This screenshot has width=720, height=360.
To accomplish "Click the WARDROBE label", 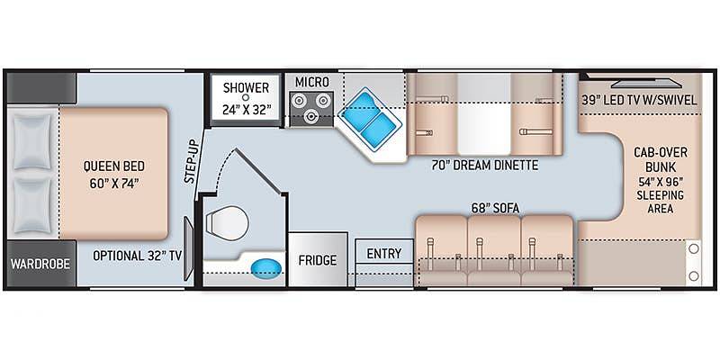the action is (40, 264).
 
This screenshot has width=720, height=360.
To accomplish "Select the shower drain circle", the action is (246, 97).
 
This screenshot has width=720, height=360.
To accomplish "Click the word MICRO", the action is (311, 82).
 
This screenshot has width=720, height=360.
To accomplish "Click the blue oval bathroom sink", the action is (266, 266).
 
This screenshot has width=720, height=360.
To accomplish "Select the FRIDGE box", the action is (318, 259).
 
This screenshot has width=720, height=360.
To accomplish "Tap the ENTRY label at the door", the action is (384, 254).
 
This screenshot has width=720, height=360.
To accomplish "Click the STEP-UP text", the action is (193, 161).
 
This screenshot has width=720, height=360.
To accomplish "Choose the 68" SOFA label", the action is (495, 209).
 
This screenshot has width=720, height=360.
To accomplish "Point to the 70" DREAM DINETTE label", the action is (485, 166).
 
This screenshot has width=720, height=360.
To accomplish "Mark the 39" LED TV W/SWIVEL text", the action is (639, 100).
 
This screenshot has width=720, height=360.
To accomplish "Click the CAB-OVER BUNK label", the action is (654, 159).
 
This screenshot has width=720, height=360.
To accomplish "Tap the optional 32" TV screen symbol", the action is (189, 248).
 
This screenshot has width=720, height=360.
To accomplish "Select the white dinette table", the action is (484, 114).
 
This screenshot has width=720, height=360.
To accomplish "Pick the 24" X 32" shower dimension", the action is (246, 110).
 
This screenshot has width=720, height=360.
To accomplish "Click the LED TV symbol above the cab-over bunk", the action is (646, 84).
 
